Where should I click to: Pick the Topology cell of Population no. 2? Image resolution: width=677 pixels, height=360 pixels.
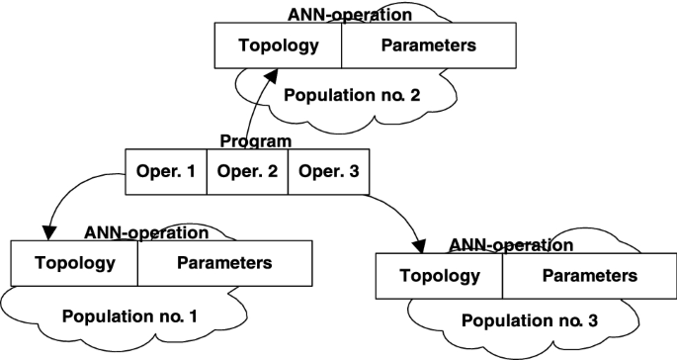[278, 45]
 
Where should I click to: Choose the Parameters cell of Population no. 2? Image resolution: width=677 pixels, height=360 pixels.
[427, 45]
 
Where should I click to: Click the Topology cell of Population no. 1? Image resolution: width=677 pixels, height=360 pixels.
[73, 263]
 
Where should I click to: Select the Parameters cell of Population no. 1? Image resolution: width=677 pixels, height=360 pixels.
[223, 263]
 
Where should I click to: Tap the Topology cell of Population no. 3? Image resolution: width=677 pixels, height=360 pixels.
[439, 276]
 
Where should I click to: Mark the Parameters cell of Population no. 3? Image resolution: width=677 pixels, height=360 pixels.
[589, 276]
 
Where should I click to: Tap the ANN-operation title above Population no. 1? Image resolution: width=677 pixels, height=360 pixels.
[146, 233]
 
